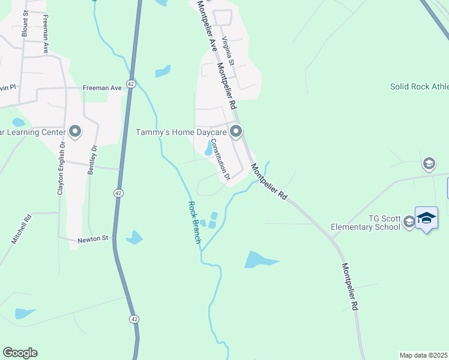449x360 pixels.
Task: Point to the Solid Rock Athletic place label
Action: click(419, 86)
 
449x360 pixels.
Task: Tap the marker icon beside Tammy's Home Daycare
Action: click(237, 131)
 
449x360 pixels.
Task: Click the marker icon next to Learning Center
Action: click(75, 131)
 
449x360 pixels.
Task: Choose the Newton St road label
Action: click(92, 239)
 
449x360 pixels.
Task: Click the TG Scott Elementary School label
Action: click(365, 223)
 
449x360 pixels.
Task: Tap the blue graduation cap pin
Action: click(426, 218)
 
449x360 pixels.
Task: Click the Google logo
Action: click(20, 353)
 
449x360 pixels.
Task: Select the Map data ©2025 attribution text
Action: click(423, 355)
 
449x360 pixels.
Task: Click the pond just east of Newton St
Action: click(134, 238)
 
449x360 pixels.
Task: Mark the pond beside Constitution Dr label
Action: click(208, 148)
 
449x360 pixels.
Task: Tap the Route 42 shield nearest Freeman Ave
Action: click(130, 82)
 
